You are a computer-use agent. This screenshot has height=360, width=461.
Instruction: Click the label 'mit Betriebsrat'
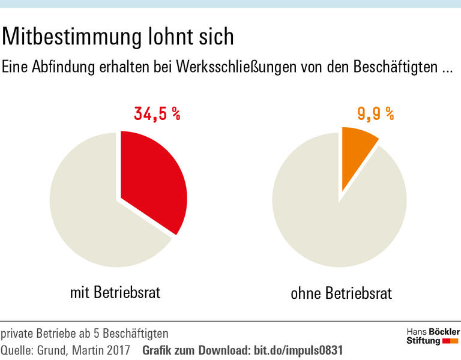115,293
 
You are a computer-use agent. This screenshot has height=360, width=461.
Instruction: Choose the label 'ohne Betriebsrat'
341,294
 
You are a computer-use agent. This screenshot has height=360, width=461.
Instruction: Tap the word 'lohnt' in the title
174,37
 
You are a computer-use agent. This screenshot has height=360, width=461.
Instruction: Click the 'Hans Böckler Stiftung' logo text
432,336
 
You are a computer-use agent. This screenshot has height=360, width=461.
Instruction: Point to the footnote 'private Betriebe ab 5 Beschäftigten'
85,333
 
